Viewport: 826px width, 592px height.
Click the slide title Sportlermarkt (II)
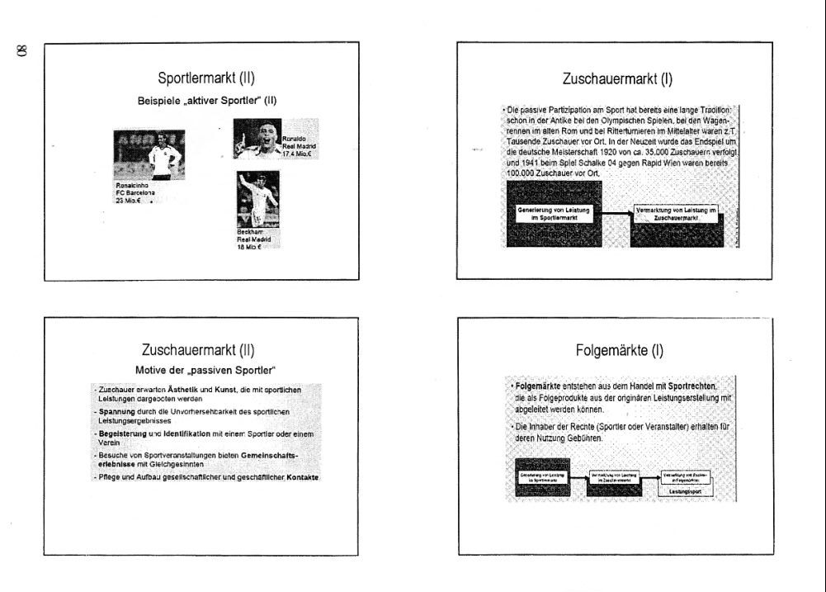(x=205, y=78)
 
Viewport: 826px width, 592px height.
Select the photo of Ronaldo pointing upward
(x=258, y=142)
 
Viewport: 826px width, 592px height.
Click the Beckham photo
(x=257, y=198)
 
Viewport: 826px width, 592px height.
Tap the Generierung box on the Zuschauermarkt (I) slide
(x=553, y=214)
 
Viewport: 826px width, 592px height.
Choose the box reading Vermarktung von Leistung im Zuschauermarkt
(x=676, y=214)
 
